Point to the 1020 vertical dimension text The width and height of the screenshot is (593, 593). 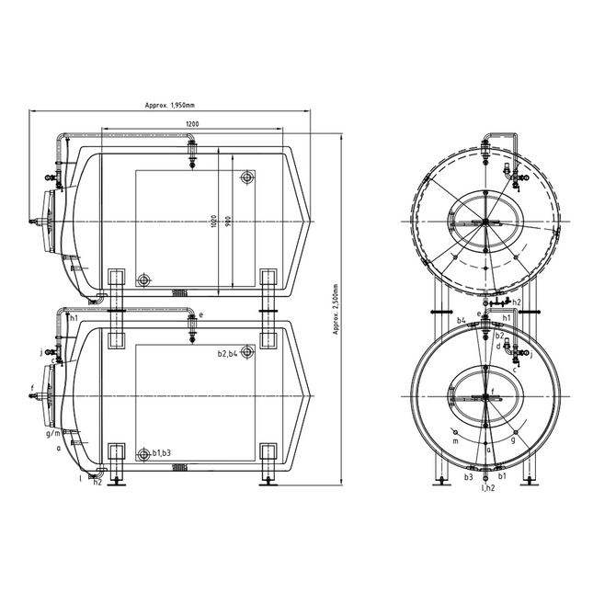click(x=213, y=221)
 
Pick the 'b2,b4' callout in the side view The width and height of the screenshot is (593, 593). click(x=227, y=353)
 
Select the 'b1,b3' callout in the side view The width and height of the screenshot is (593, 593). click(x=162, y=453)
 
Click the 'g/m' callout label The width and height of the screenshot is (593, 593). click(x=52, y=432)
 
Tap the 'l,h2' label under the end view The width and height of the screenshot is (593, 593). click(x=488, y=488)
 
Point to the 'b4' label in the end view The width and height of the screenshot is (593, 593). click(x=462, y=320)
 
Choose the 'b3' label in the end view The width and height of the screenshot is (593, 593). click(x=468, y=477)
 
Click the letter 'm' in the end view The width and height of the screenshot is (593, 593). click(x=455, y=440)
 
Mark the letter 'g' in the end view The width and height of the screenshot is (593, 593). click(x=513, y=440)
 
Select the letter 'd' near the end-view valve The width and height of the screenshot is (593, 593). click(x=497, y=347)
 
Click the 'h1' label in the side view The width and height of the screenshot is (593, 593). click(x=73, y=317)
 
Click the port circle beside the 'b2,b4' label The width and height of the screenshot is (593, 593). click(x=247, y=353)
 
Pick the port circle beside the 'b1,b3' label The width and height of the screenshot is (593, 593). click(x=143, y=454)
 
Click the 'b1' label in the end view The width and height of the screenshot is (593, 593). click(x=502, y=477)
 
